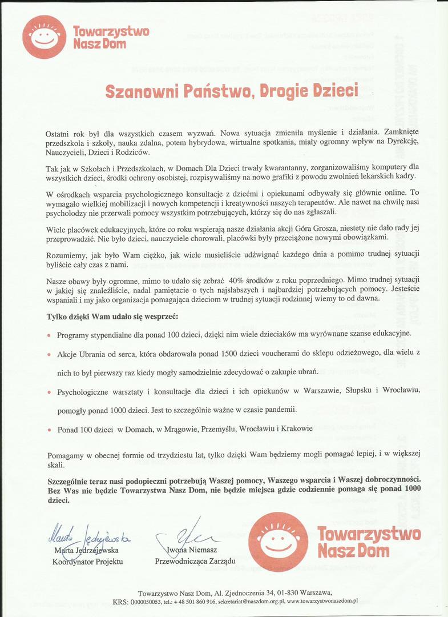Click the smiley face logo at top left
(44, 37)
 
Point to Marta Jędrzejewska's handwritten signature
(88, 535)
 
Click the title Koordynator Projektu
(87, 562)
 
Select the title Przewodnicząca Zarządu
(195, 562)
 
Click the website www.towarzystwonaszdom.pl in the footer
(322, 601)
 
